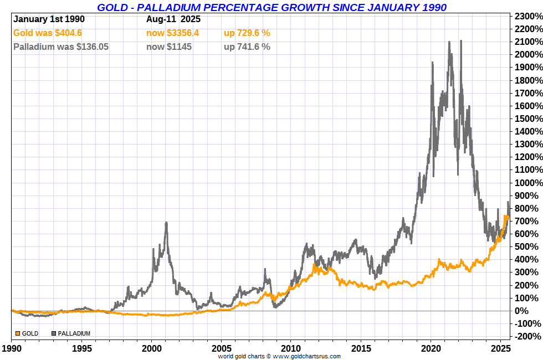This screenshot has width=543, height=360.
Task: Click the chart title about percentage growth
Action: coord(271,7)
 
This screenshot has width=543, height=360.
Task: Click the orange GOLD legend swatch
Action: coord(18,333)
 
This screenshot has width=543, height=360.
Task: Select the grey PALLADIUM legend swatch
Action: coord(54,333)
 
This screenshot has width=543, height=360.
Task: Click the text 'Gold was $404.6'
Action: coord(47,33)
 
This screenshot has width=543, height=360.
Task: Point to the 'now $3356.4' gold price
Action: coord(172,33)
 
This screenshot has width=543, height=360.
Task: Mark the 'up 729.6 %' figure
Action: coord(247,33)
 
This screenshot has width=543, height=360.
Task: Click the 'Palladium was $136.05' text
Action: coord(61,47)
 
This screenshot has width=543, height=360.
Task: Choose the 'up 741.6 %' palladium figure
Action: coord(247,47)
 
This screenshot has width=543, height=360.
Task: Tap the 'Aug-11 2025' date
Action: coord(173,19)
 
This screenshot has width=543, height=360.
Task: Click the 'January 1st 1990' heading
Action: coord(49,19)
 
